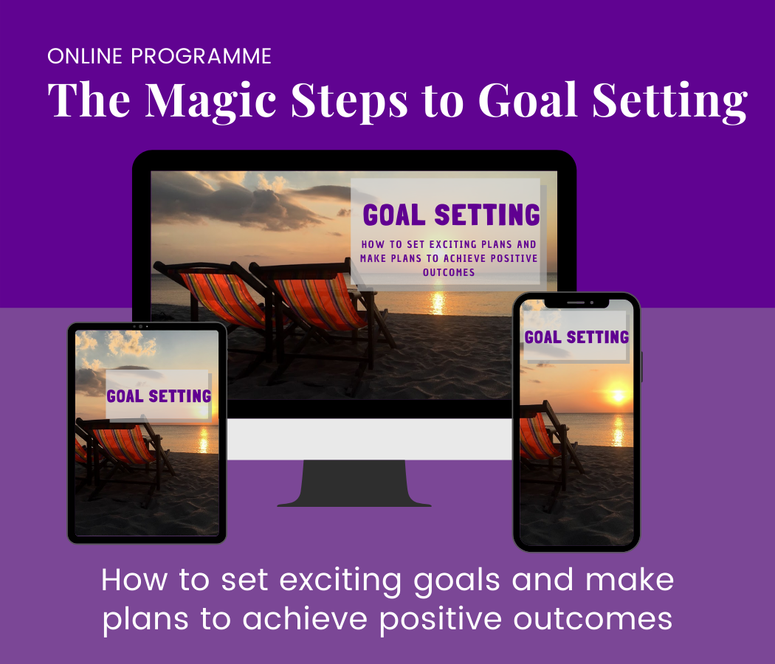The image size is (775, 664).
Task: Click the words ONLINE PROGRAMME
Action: pyautogui.click(x=159, y=56)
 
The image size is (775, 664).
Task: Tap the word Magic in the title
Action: pyautogui.click(x=210, y=101)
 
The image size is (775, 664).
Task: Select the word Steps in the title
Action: pyautogui.click(x=349, y=101)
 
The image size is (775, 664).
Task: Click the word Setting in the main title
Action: pyautogui.click(x=669, y=101)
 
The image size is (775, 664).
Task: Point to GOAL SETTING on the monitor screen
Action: pyautogui.click(x=451, y=215)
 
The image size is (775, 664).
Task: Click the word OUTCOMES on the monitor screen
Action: pyautogui.click(x=449, y=272)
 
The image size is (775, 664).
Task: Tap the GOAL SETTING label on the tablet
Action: pyautogui.click(x=159, y=395)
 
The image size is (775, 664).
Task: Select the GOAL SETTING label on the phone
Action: pyautogui.click(x=576, y=337)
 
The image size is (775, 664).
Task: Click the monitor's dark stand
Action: pyautogui.click(x=354, y=483)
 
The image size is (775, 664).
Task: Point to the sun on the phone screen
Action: pyautogui.click(x=617, y=395)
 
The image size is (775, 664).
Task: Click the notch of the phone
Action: pyautogui.click(x=576, y=302)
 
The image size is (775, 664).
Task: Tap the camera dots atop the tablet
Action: pyautogui.click(x=140, y=327)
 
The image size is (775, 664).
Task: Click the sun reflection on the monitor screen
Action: pyautogui.click(x=438, y=302)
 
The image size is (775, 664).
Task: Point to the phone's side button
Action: pyautogui.click(x=641, y=367)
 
